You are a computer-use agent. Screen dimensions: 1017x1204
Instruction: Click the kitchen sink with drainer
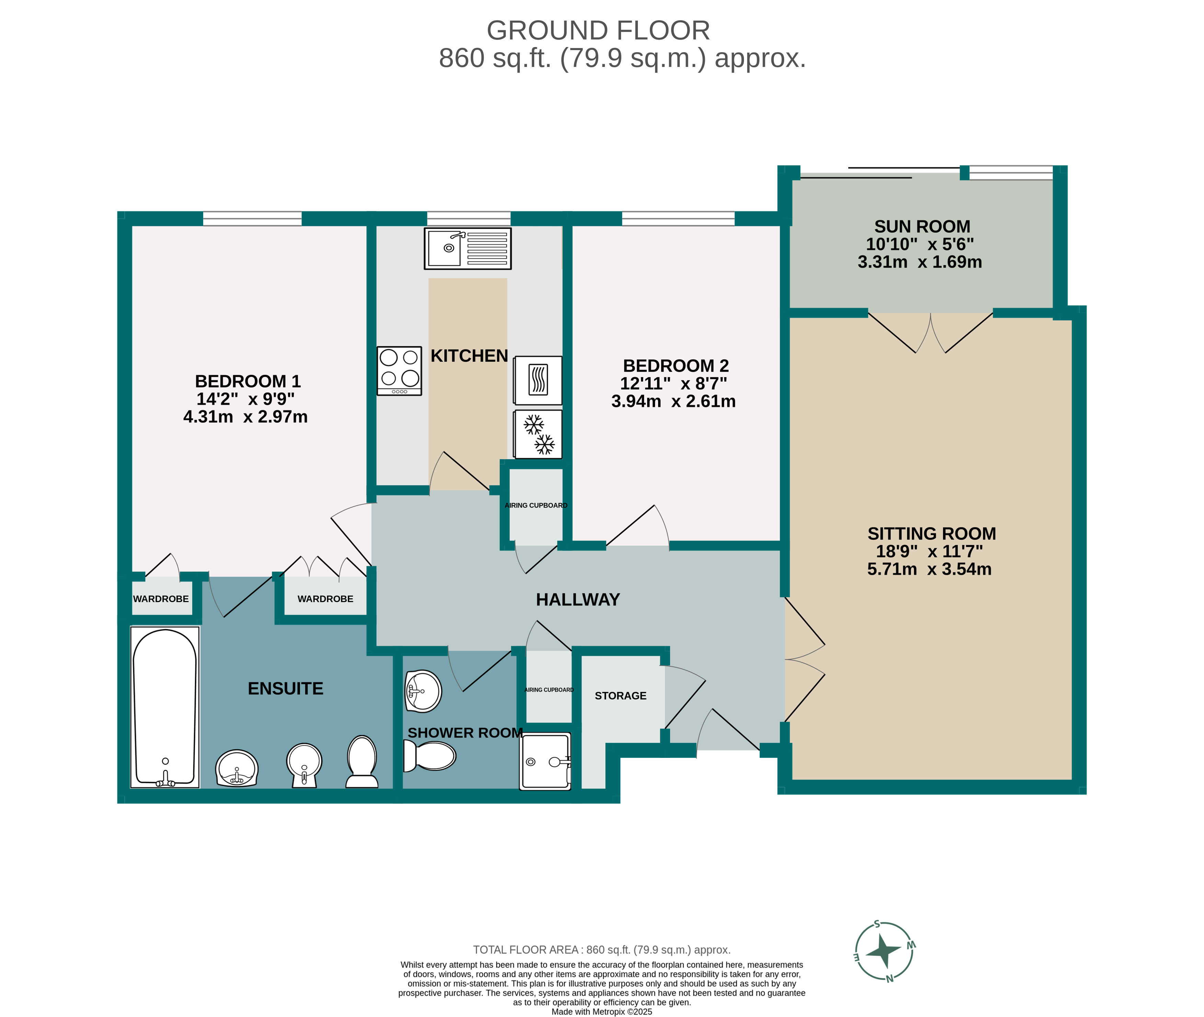(467, 249)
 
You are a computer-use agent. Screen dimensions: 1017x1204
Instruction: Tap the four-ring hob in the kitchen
(399, 370)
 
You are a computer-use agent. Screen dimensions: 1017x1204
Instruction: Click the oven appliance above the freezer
(537, 380)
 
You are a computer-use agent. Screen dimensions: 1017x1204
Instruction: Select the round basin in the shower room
(423, 691)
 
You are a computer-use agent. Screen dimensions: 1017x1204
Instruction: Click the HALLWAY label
(578, 600)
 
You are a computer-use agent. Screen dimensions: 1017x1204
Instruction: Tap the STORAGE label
(620, 696)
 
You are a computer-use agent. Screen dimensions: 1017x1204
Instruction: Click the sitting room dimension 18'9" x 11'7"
(930, 551)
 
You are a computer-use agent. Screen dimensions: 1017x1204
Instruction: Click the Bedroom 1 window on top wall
(252, 219)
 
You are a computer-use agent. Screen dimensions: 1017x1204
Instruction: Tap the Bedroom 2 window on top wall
(678, 219)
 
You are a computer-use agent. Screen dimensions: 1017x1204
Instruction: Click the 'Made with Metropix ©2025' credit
(601, 1011)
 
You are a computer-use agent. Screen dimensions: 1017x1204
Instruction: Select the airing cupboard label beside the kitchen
(536, 505)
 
